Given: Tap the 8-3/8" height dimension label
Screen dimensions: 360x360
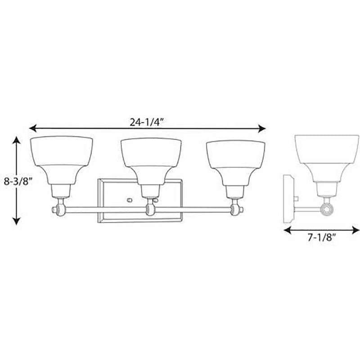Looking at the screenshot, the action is (18, 182).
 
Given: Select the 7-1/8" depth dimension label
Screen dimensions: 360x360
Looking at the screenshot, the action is (321, 238).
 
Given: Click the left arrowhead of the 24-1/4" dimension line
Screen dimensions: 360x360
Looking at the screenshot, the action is (33, 129).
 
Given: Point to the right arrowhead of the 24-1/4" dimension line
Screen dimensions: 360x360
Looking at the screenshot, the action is (262, 129).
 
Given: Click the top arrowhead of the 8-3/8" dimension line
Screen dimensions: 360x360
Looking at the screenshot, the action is (16, 140).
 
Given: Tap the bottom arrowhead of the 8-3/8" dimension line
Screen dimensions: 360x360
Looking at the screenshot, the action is (16, 221).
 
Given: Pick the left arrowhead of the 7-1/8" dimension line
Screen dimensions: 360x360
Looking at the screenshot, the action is (288, 230).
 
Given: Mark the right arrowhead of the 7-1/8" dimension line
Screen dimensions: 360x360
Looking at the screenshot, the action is (355, 230).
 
